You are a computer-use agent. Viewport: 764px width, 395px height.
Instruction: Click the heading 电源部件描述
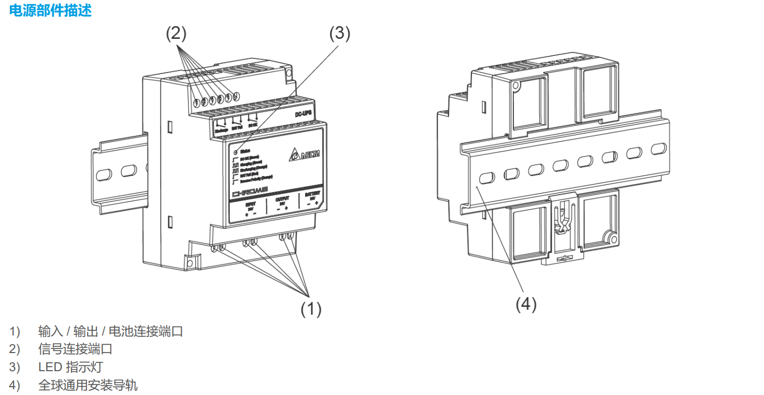50,10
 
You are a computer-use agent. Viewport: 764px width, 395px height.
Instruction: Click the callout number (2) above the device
176,34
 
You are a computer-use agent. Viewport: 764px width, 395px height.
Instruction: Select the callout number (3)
340,34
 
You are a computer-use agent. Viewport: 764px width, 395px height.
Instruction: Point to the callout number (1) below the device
311,309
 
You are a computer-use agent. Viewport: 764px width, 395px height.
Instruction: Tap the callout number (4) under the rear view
526,305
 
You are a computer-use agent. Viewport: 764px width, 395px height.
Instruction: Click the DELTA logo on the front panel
305,154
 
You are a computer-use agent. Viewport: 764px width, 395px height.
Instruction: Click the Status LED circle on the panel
235,152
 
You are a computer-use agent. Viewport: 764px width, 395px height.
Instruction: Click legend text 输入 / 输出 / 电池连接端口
110,331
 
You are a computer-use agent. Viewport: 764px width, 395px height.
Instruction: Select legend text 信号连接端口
75,349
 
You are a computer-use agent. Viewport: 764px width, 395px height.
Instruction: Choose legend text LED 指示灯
70,368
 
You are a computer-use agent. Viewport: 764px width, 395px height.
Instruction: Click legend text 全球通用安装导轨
88,386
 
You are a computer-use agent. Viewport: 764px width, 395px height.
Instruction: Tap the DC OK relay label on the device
253,125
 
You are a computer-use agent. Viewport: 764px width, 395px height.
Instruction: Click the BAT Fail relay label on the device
237,127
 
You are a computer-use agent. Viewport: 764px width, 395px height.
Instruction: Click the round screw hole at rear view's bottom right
612,239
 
